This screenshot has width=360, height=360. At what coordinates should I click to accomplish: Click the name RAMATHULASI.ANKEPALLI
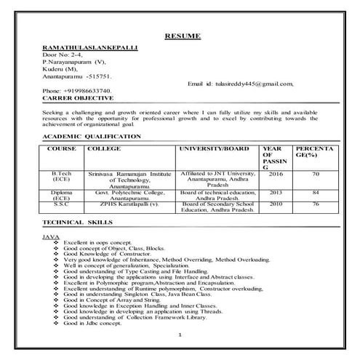tap(91, 48)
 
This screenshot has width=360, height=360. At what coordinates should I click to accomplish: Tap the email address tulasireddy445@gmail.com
tap(240, 84)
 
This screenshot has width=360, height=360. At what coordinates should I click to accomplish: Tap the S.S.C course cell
tap(61, 204)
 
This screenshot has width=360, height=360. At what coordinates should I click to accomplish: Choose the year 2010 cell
tap(276, 204)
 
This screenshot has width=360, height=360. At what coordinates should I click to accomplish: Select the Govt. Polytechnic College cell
tap(130, 192)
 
